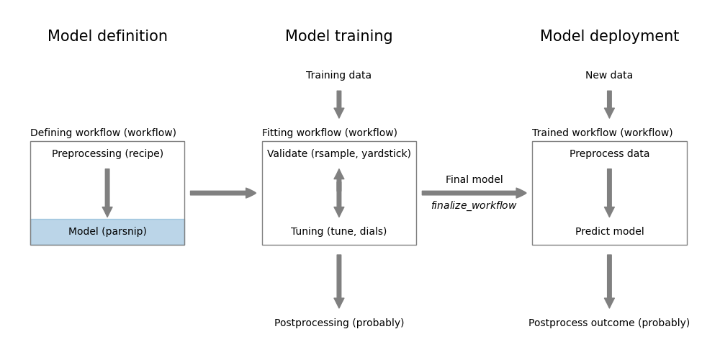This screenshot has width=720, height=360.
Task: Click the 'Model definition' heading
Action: coord(107,37)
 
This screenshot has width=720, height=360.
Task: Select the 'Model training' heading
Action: coord(338,37)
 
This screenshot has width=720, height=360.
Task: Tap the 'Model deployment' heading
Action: coord(609,37)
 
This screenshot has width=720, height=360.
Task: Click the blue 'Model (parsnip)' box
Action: coord(107,232)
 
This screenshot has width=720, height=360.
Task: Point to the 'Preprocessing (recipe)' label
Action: coord(107,154)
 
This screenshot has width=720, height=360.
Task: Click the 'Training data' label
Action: coord(338,76)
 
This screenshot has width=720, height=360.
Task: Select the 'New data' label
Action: coord(609,76)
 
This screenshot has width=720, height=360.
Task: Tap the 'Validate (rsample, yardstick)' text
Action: coord(338,154)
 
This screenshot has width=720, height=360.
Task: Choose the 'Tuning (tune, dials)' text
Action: coord(338,232)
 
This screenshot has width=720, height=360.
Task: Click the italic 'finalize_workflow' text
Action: coord(474,206)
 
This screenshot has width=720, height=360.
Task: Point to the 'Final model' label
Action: coord(474,180)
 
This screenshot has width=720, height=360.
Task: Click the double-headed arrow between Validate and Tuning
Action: coord(338,193)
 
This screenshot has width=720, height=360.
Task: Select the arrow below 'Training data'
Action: coord(338,104)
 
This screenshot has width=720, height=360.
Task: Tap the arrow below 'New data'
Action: coord(609,104)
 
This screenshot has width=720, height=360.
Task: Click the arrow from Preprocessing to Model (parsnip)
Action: coord(107,193)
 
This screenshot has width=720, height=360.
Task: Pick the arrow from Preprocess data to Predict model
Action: coord(609,193)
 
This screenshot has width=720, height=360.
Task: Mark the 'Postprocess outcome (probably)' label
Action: coord(609,323)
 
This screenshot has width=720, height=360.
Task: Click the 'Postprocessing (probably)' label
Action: coord(338,323)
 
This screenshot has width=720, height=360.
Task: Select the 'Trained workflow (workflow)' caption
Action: coord(602,133)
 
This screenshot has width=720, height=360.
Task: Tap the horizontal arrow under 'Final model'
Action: coord(474,193)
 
